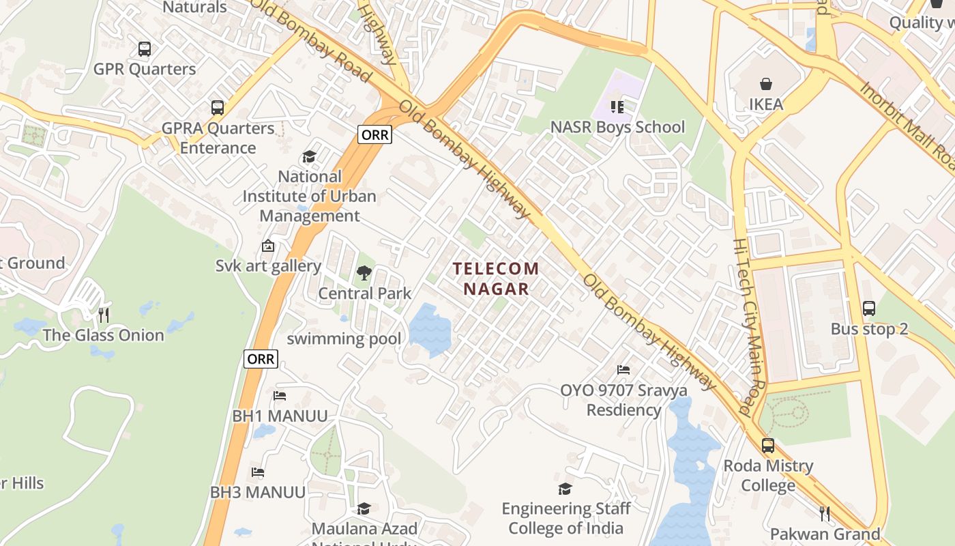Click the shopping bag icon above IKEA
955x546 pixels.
tap(766, 84)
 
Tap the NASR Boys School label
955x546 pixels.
tap(617, 127)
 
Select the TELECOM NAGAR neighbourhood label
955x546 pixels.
tap(497, 278)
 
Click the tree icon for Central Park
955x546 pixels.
tap(364, 273)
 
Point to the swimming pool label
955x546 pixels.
tap(344, 339)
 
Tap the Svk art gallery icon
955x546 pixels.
tap(268, 246)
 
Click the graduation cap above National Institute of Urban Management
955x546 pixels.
tap(309, 157)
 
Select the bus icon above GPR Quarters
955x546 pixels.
tap(144, 49)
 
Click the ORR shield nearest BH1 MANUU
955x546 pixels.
tap(261, 358)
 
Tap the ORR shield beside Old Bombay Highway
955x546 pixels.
tap(374, 134)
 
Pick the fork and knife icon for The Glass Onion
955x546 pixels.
tap(104, 315)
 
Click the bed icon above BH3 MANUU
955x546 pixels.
tap(257, 472)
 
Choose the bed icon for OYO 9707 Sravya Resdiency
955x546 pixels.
tap(623, 370)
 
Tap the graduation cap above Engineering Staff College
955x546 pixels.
tap(565, 489)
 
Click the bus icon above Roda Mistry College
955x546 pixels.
tap(768, 446)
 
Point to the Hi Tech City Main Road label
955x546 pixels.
tap(751, 328)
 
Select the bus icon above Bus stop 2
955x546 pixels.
tap(868, 308)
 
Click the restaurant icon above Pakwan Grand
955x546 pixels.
tap(825, 513)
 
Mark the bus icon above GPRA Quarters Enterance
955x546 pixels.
tap(217, 108)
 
